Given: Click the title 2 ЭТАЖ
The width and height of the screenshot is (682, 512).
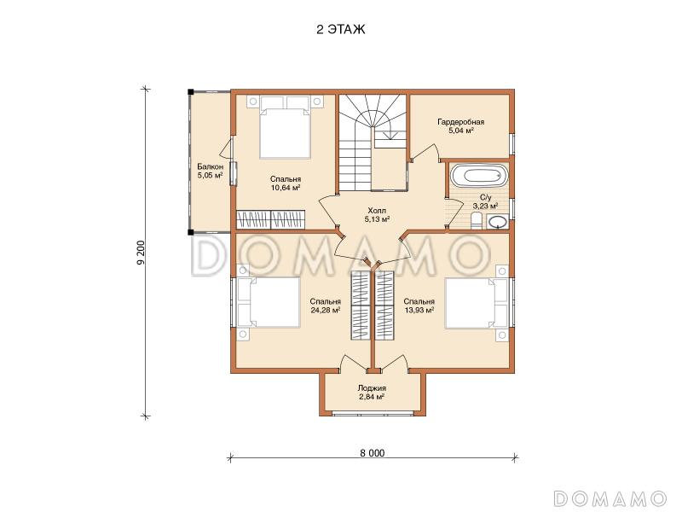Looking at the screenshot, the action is (x=340, y=29).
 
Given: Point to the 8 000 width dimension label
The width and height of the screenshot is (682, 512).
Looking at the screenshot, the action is (x=373, y=453).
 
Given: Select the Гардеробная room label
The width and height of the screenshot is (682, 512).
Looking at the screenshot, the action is (x=460, y=122).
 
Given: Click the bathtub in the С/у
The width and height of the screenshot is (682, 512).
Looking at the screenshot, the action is (x=478, y=176).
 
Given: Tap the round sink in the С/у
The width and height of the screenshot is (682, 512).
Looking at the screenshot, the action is (x=497, y=222).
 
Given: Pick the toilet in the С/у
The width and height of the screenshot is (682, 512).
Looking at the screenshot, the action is (x=477, y=222).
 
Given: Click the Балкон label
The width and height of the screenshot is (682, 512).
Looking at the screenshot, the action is (x=210, y=166).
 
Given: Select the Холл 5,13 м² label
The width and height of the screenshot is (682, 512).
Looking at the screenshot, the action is (x=377, y=215).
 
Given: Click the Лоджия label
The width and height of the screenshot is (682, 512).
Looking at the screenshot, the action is (x=372, y=388).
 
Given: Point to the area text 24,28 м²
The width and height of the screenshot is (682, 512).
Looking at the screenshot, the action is (x=326, y=311).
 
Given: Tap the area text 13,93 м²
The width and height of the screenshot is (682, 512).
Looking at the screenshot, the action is (x=419, y=311).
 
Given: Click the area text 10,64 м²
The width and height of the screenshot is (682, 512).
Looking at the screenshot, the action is (x=286, y=188).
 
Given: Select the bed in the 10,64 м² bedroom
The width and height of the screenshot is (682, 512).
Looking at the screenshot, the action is (x=286, y=126).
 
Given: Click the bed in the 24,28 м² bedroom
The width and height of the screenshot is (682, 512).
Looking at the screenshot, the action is (x=269, y=302).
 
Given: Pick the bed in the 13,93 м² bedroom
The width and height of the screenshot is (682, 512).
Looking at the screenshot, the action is (x=477, y=303).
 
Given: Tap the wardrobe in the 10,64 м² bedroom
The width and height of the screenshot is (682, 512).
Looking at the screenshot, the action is (x=270, y=220).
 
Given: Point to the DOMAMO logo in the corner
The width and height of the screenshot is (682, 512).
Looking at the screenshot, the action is (x=610, y=497).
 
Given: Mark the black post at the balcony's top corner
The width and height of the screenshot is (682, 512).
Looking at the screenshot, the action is (x=190, y=92).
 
